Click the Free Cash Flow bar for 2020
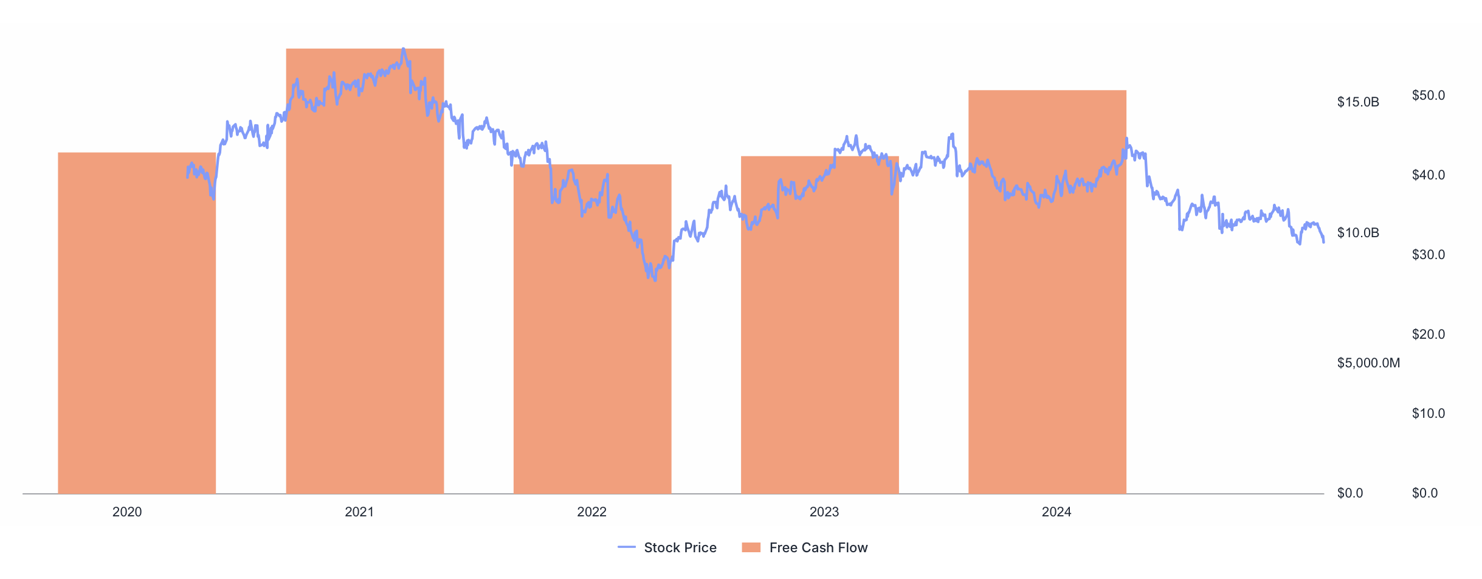coord(137,322)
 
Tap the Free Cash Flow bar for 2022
coord(592,328)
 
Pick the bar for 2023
coord(819,325)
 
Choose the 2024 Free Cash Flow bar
coord(1047,292)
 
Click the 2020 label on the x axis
coord(127,512)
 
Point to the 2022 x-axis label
coord(591,512)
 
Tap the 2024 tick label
coord(1056,512)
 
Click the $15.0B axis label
coord(1358,102)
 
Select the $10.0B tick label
coord(1358,233)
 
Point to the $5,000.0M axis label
coord(1368,363)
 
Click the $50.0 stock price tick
coord(1429,95)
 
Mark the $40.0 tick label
coord(1429,175)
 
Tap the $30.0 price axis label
coord(1429,255)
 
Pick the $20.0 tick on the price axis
coord(1429,335)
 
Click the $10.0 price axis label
coord(1429,414)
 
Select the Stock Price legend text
coord(680,548)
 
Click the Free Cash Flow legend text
coord(818,548)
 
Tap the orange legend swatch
coord(751,548)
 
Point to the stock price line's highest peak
coord(403,49)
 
